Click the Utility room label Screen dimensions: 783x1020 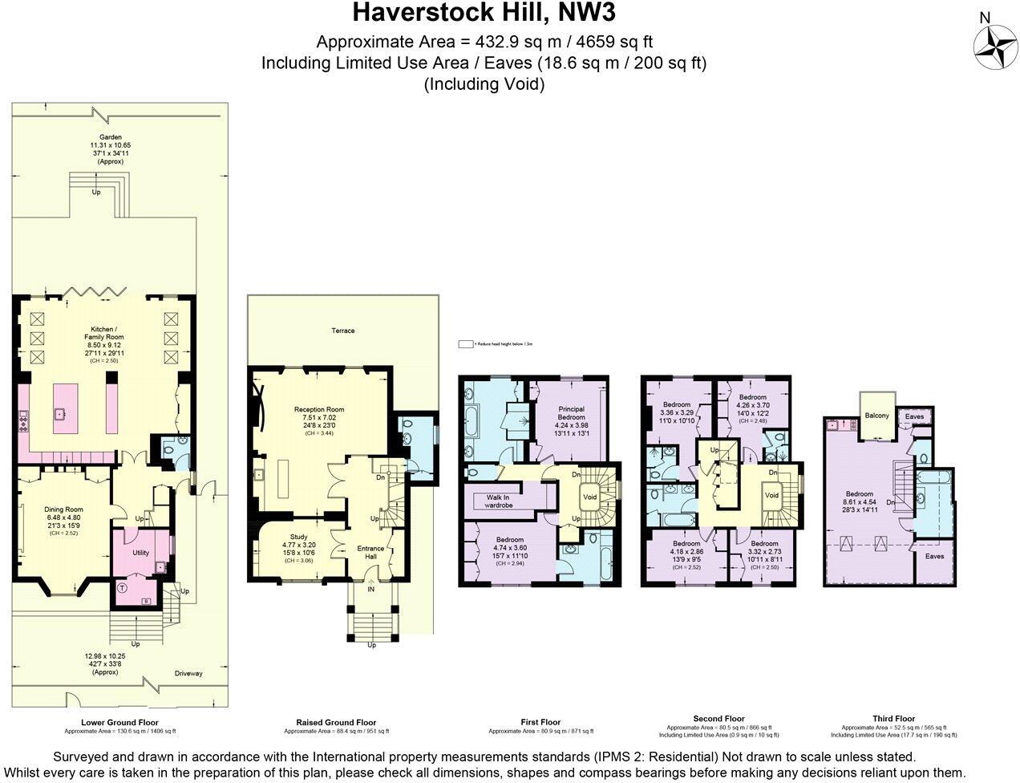coord(141,553)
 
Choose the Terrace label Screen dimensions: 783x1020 coord(342,331)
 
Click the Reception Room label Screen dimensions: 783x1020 coord(318,409)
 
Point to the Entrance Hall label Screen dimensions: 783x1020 coord(370,553)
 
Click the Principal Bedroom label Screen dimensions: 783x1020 coord(571,413)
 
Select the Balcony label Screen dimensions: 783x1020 coord(877,416)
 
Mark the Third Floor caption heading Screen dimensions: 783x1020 coord(893,719)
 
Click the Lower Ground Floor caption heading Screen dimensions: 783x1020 coord(120,722)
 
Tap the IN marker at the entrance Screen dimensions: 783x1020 coord(371,589)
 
